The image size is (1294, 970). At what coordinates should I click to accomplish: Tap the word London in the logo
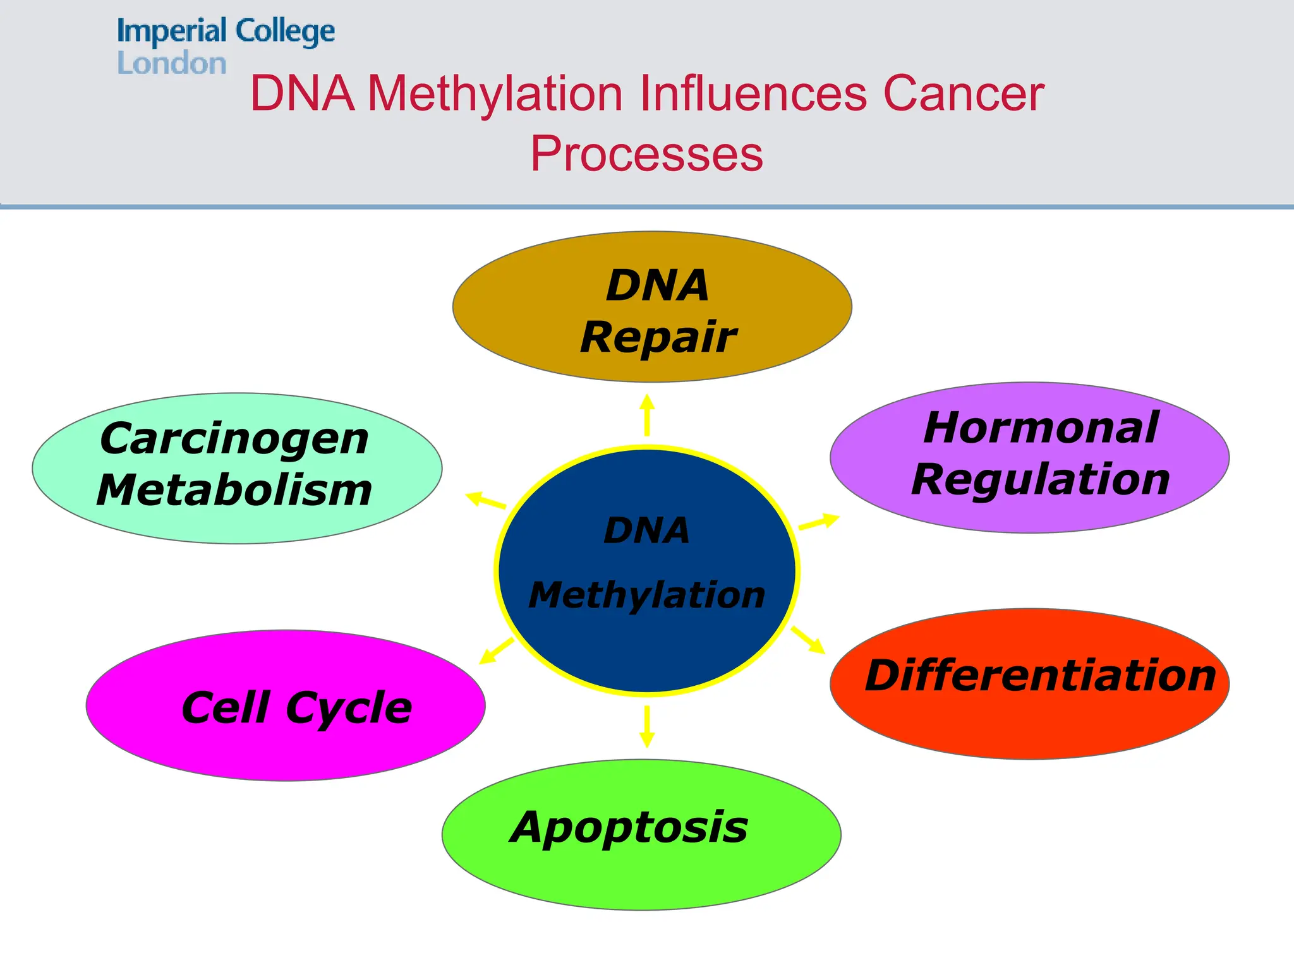point(171,64)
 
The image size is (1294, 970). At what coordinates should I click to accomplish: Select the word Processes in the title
point(646,153)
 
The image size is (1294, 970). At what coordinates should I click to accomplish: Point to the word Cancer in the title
point(964,94)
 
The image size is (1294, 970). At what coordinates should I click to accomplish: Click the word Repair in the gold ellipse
point(658,337)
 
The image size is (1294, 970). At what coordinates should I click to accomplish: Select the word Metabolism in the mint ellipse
point(234,490)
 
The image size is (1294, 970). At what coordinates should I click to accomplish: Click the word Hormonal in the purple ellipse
point(1041,428)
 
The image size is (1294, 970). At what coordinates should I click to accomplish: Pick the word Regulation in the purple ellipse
point(1041,479)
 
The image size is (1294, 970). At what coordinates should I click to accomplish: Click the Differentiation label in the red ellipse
point(1040,676)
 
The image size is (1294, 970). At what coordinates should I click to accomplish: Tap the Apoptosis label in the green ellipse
point(629,827)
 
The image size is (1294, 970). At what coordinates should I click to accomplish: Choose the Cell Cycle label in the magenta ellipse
point(296,707)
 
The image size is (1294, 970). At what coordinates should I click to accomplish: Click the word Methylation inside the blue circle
point(646,595)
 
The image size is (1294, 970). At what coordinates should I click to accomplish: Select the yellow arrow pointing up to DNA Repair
point(646,415)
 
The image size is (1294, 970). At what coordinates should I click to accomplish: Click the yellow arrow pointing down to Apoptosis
point(646,726)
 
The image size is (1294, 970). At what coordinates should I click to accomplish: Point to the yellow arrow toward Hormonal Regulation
point(819,522)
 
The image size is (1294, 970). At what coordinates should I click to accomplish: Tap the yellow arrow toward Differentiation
point(808,640)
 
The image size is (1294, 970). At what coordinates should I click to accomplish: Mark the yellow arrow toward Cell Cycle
point(497,650)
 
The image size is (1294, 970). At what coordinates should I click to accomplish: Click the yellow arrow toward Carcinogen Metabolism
point(486,500)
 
